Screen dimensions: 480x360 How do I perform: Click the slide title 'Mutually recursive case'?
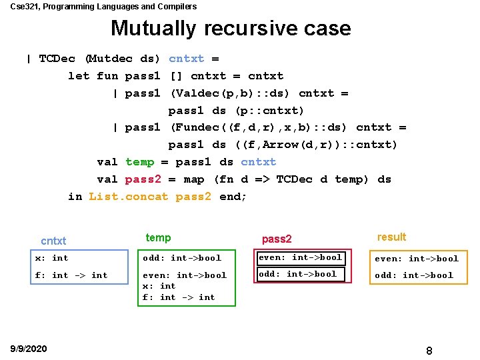click(231, 29)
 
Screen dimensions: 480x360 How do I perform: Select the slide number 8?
click(429, 350)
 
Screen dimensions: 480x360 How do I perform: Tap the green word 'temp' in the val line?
click(139, 162)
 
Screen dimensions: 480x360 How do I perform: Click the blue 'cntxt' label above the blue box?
click(54, 241)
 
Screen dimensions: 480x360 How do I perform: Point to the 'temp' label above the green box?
click(158, 238)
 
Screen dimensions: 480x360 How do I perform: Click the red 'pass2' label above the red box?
click(277, 239)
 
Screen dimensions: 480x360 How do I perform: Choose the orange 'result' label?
click(391, 237)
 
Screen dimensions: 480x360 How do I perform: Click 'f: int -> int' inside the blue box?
click(71, 275)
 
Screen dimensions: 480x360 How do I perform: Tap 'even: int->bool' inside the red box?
click(300, 257)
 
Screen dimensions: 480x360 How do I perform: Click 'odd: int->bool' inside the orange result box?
click(413, 275)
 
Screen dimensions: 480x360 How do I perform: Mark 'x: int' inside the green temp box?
click(159, 286)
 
